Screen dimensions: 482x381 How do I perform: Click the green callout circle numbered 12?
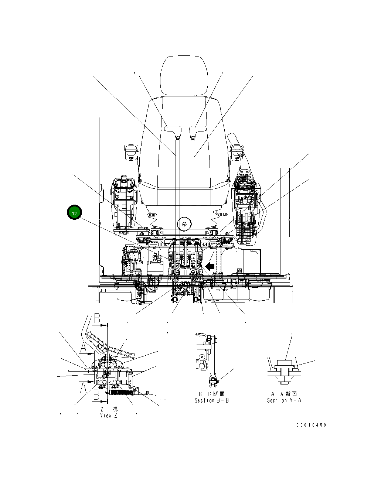pyautogui.click(x=74, y=213)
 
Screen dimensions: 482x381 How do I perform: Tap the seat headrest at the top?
pyautogui.click(x=184, y=75)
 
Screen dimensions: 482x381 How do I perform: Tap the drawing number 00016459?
pyautogui.click(x=311, y=425)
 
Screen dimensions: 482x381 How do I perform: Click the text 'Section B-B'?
pyautogui.click(x=212, y=400)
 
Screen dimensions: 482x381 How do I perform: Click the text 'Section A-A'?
pyautogui.click(x=284, y=400)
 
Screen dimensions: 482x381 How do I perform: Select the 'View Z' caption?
pyautogui.click(x=109, y=416)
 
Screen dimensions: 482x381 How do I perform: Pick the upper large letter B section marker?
pyautogui.click(x=97, y=318)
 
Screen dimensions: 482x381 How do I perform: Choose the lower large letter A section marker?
pyautogui.click(x=84, y=387)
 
